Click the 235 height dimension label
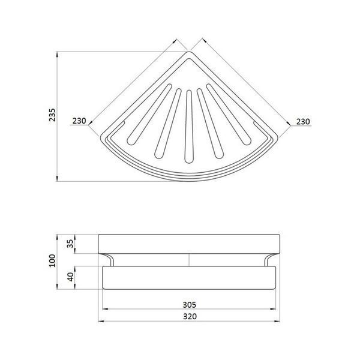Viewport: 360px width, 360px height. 52,115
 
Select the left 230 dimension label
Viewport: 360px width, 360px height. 79,121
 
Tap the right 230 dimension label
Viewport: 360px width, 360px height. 303,121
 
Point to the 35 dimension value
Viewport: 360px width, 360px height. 71,244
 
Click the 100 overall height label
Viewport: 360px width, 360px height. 52,260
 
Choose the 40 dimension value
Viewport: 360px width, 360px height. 71,277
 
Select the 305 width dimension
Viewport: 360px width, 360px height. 190,305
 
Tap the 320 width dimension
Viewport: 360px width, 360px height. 190,316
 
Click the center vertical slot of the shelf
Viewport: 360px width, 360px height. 189,127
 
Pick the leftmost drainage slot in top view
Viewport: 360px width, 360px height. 149,115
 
